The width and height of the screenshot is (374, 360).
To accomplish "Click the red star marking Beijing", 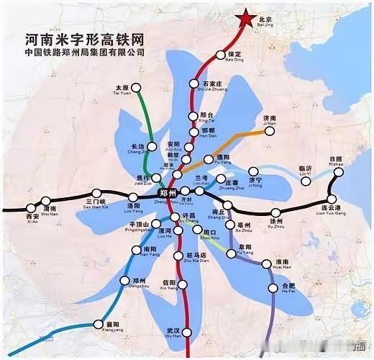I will (245, 18).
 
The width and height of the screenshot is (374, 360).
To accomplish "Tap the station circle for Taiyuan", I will (137, 91).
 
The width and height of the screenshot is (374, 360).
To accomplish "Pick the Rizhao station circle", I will (339, 168).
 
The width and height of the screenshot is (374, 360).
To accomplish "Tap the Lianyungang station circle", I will (332, 199).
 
